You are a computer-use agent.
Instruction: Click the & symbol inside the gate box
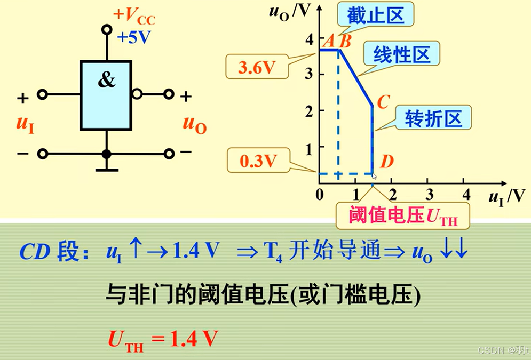click(107, 81)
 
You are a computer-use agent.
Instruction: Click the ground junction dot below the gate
click(106, 154)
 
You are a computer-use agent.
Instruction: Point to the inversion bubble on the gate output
click(137, 94)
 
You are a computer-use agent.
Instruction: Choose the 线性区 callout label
click(402, 54)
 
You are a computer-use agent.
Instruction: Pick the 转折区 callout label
click(432, 118)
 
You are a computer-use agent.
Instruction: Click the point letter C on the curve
click(383, 102)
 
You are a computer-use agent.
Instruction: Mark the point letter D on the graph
click(387, 161)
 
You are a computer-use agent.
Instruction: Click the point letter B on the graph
click(345, 41)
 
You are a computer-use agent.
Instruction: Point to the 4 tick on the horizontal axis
click(466, 194)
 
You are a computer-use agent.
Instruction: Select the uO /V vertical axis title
click(288, 11)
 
